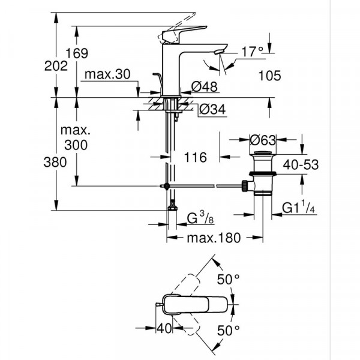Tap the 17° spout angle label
click(x=252, y=53)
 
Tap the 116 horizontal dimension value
click(x=196, y=157)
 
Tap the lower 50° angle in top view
click(x=228, y=329)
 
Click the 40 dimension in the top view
click(x=163, y=329)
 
